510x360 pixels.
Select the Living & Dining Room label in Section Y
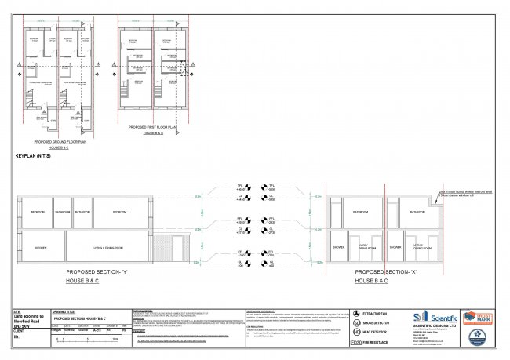point(111,248)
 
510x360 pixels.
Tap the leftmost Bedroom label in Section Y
point(37,212)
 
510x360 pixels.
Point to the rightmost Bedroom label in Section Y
point(118,212)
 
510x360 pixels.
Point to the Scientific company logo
point(435,317)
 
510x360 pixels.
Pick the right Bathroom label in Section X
point(414,212)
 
